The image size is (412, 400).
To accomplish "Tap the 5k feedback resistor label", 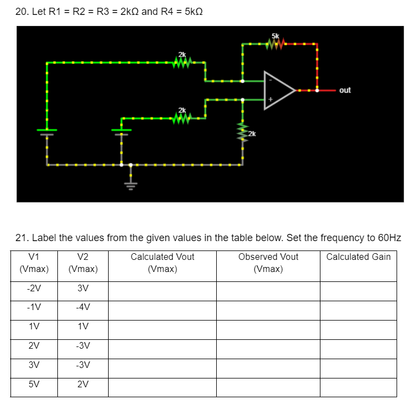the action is [274, 35].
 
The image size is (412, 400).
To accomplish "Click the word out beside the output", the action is [345, 90].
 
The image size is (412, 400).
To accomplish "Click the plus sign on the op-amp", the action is [270, 100].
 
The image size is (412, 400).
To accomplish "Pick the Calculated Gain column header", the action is [358, 257].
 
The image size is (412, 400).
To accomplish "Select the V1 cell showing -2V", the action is [34, 289].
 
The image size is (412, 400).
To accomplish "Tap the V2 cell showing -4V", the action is [83, 307].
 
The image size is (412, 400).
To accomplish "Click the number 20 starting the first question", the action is [22, 12].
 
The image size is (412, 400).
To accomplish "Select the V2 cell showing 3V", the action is [83, 289].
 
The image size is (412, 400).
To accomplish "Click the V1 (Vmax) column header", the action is [34, 263].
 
